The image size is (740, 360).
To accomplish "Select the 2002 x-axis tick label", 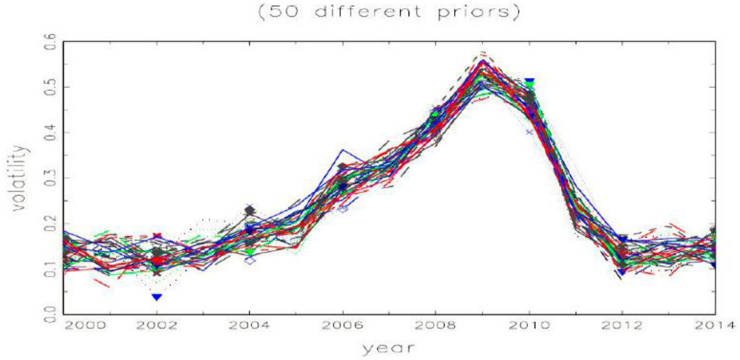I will click(x=157, y=325).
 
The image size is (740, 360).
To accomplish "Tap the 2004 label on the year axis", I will click(x=250, y=325).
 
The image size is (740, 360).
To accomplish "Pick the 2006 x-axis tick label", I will click(x=343, y=325).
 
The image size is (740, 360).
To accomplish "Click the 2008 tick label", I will click(x=436, y=325).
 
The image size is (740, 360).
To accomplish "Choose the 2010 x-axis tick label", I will click(x=528, y=325).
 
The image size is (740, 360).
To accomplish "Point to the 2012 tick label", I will click(x=621, y=325).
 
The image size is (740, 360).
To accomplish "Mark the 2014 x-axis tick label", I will click(x=713, y=325).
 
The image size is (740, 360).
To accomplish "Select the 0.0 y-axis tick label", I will click(x=48, y=313).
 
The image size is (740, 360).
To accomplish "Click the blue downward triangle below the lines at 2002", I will click(x=157, y=296).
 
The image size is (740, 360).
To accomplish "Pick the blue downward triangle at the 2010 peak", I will click(x=529, y=82).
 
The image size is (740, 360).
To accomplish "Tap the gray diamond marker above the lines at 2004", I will click(x=250, y=210).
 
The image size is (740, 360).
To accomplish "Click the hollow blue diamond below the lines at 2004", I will click(x=250, y=260).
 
